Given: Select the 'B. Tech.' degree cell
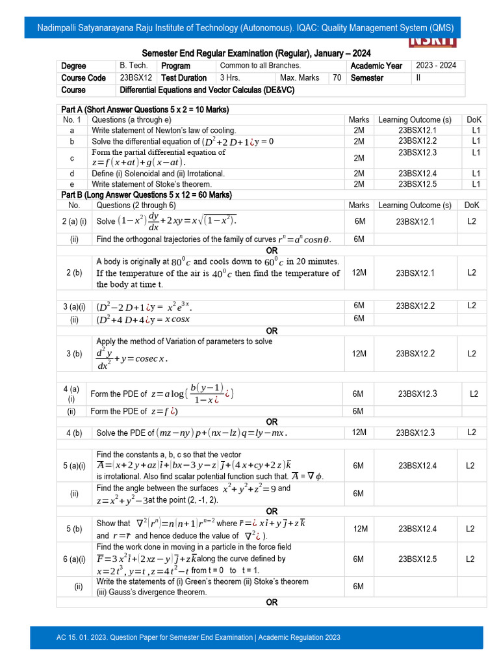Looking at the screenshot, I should point(134,66).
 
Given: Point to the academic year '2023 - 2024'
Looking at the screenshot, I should point(435,66).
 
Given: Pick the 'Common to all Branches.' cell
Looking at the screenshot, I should point(261,66).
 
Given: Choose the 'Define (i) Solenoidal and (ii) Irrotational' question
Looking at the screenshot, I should point(159,174).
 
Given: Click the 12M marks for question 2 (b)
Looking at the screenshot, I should point(359,273).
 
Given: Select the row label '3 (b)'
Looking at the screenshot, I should point(74,354).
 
